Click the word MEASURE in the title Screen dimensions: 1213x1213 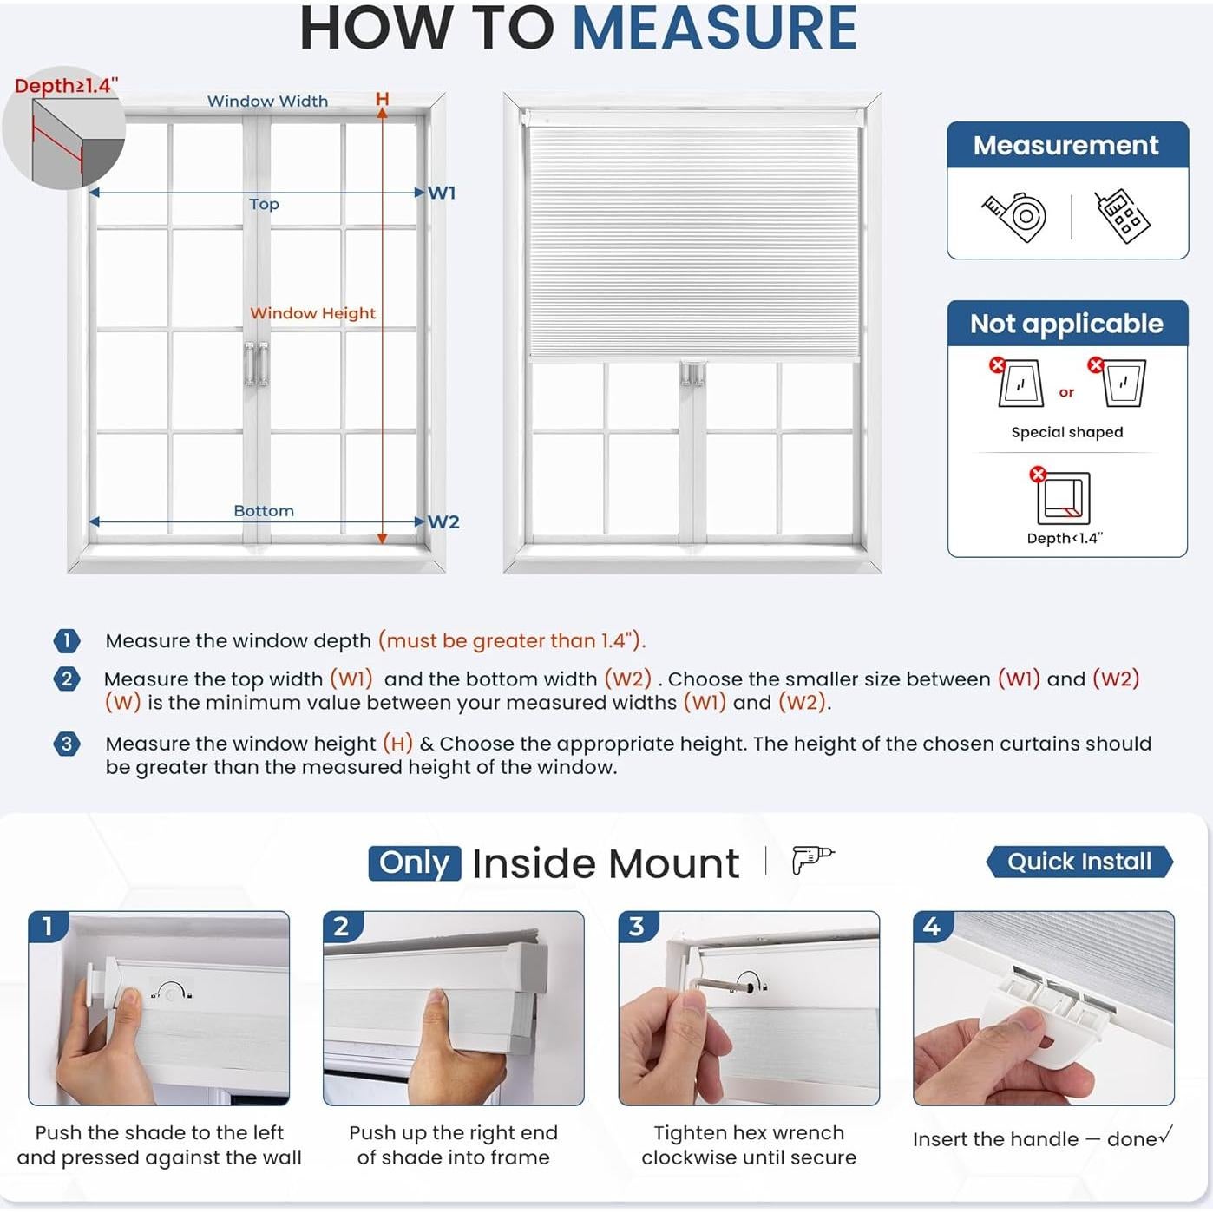pos(714,29)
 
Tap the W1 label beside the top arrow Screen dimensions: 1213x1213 pos(442,193)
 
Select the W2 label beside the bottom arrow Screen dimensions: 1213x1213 pos(443,521)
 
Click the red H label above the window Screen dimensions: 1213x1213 pos(382,100)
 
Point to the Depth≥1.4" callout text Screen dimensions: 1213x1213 pos(66,85)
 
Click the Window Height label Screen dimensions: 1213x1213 pos(312,313)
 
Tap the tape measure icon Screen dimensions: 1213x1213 pos(1015,215)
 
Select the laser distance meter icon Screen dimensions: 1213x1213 pos(1122,215)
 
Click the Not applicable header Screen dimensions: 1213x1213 pos(1066,324)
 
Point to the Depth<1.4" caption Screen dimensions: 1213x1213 pos(1065,538)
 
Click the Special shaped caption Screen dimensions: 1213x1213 pos(1066,432)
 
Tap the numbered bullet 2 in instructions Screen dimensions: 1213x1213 pos(67,679)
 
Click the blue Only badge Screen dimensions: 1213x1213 pos(414,862)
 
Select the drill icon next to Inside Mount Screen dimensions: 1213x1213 pos(811,859)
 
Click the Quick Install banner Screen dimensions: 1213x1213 pos(1079,862)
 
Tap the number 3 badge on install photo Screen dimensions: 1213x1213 pos(637,927)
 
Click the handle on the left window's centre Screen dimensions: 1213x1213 pos(256,363)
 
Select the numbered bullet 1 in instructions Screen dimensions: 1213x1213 pos(67,641)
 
